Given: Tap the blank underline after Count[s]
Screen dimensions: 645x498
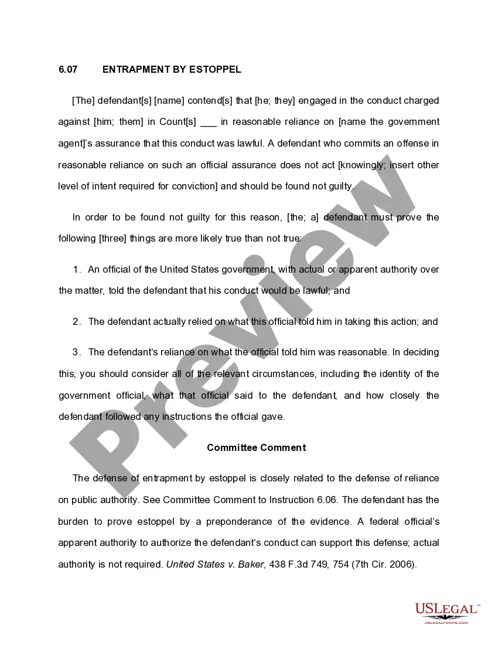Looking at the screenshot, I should tap(209, 123).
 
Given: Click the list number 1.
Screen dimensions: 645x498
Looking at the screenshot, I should tap(77, 270).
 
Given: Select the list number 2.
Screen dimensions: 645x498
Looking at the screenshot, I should tap(77, 322).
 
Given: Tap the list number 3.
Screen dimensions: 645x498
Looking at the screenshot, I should tap(77, 352).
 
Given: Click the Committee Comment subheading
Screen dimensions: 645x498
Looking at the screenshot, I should tap(256, 447).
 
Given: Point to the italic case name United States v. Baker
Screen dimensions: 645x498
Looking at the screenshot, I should tap(215, 565).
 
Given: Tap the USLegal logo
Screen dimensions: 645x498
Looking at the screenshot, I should tap(447, 612).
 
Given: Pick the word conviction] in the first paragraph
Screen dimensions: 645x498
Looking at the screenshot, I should tap(193, 186).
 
